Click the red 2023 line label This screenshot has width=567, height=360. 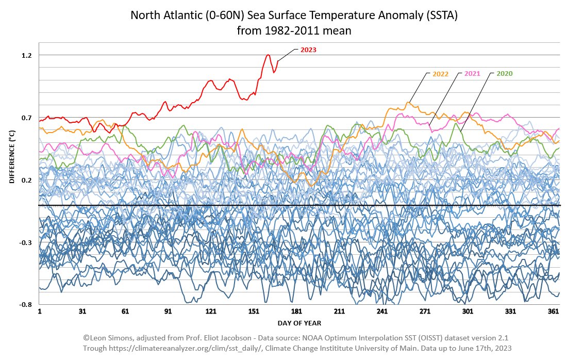point(309,50)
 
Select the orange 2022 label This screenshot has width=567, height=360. point(440,74)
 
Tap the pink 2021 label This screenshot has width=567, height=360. point(472,74)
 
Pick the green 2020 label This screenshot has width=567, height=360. point(505,74)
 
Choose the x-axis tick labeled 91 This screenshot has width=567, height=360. point(168,312)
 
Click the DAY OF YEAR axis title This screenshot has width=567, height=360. point(299,323)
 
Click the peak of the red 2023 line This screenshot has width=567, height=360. point(269,55)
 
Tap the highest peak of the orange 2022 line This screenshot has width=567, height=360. point(408,103)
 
